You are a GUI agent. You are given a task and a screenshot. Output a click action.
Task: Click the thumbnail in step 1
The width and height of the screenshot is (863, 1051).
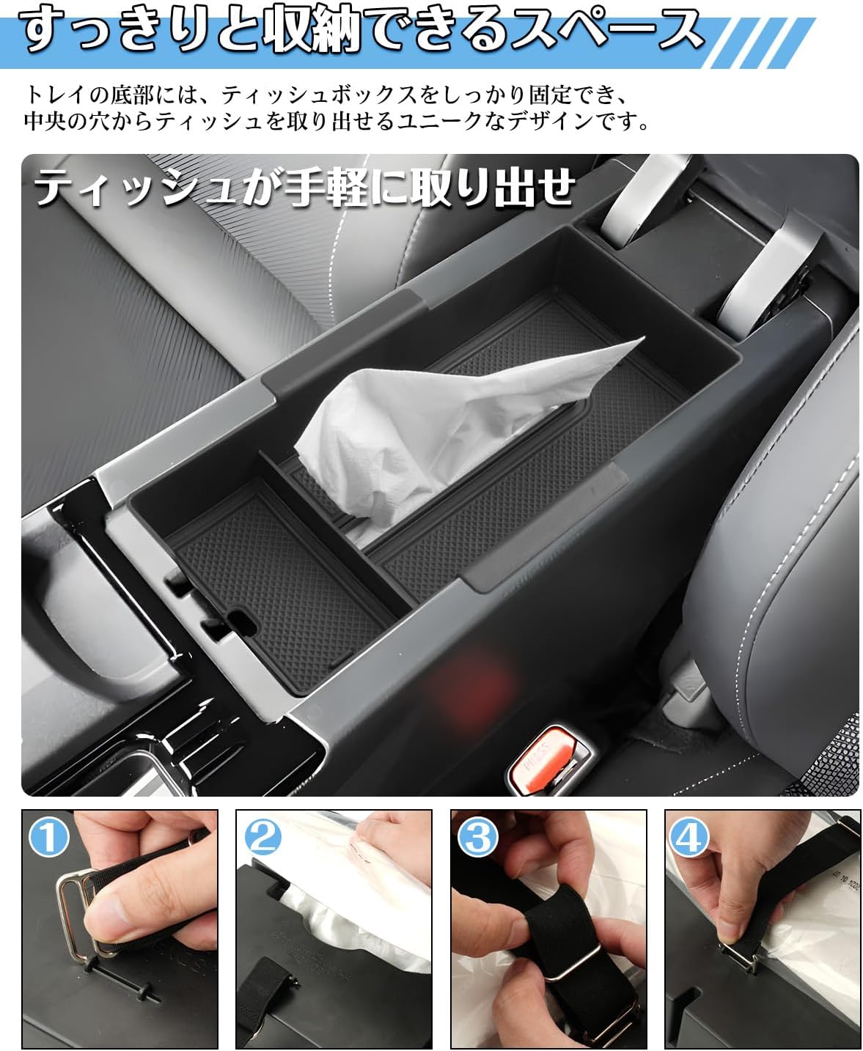pyautogui.click(x=120, y=929)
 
